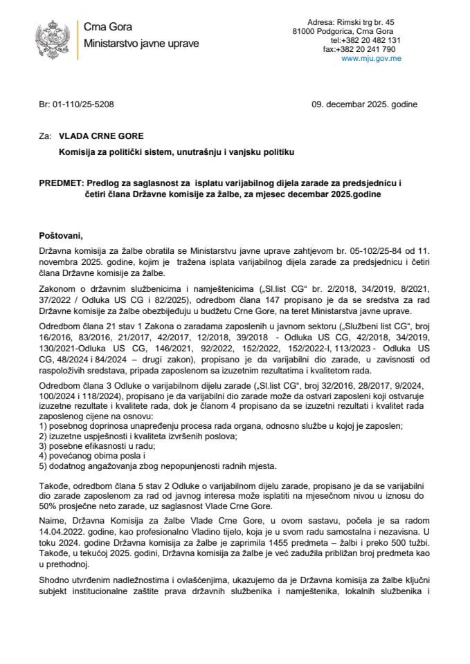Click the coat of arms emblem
[52, 37]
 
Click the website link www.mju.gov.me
[372, 59]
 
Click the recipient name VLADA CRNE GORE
[101, 136]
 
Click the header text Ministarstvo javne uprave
[141, 43]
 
